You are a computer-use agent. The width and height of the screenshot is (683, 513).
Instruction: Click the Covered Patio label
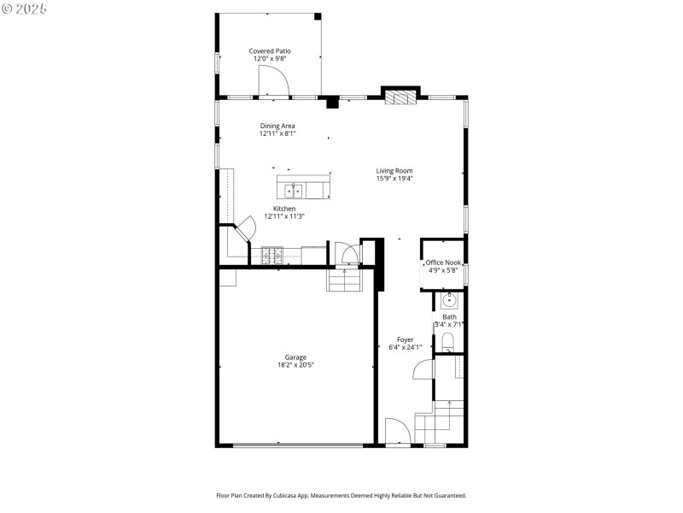tap(270, 51)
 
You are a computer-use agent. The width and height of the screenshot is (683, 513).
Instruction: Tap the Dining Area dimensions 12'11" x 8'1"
tap(277, 133)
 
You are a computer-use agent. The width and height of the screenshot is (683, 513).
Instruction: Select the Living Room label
tap(394, 171)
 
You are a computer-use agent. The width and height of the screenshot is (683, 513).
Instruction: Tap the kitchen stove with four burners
tap(272, 254)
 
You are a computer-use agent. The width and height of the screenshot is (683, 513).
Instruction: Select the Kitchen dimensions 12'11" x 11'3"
tap(284, 216)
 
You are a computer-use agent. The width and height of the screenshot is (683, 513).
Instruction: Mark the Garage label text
tap(295, 357)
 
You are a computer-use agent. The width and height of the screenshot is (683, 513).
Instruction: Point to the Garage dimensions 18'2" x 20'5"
tap(295, 365)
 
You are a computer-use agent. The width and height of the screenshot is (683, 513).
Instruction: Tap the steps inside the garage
tap(345, 280)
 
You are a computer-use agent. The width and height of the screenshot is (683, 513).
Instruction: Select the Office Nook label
tap(443, 262)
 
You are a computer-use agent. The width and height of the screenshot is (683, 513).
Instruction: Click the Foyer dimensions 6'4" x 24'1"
tap(406, 347)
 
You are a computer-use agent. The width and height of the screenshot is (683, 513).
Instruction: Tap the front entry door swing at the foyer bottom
tap(397, 432)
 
